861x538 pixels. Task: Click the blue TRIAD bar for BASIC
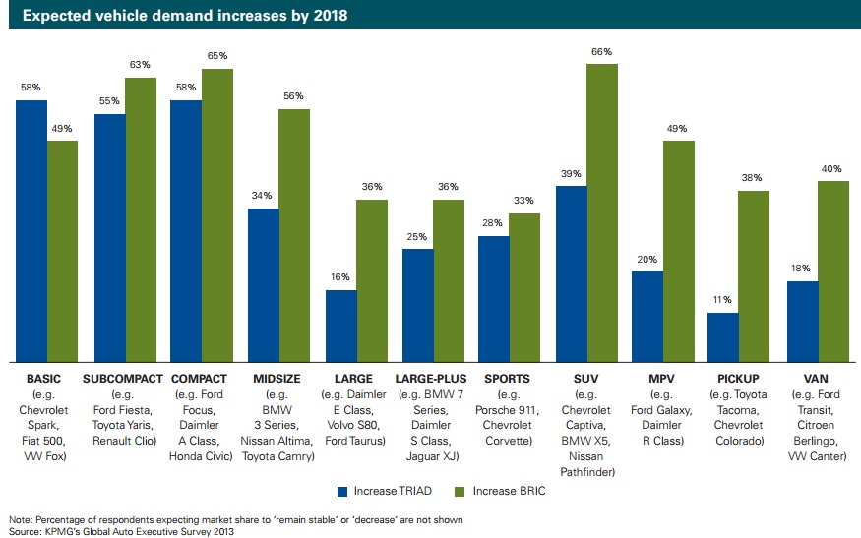tap(31, 230)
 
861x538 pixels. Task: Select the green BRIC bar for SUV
tap(602, 212)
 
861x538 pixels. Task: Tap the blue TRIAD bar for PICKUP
tap(723, 336)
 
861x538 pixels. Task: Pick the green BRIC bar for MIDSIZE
tap(294, 234)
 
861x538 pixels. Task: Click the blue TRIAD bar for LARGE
tap(340, 325)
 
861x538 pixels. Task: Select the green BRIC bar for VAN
tap(833, 270)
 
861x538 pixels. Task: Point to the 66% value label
tap(602, 52)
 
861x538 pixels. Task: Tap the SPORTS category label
tap(509, 379)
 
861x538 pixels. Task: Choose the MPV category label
tap(662, 379)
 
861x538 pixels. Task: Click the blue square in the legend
tap(342, 489)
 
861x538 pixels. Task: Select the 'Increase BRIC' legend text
tap(508, 489)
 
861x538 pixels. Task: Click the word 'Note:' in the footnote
tap(20, 518)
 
